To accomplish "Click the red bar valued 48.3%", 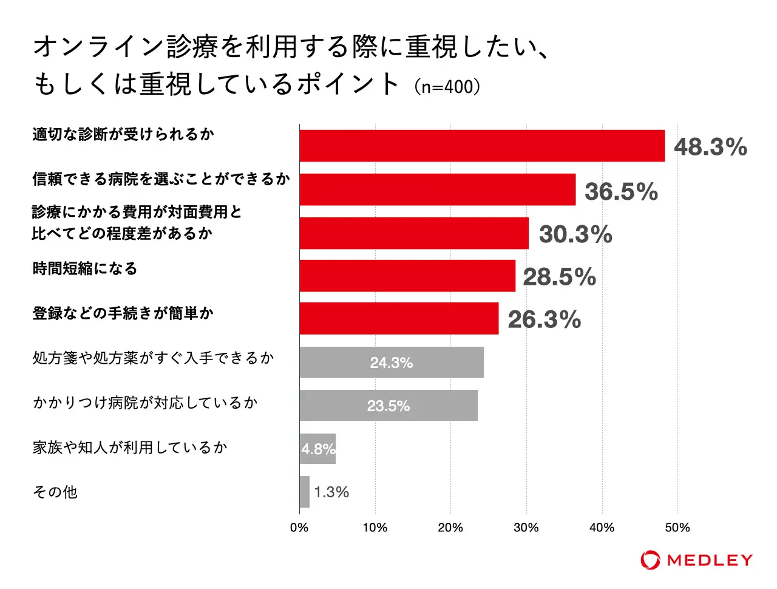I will [482, 146].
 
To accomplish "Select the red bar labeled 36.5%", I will [437, 189].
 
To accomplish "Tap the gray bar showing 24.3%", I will [392, 363].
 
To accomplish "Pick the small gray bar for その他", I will [304, 492].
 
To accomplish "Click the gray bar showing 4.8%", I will [317, 449].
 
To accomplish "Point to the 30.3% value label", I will [575, 234].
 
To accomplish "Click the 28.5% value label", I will [559, 277].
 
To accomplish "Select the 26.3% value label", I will [544, 320].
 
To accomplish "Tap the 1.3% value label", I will [331, 492].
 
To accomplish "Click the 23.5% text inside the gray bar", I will [388, 406].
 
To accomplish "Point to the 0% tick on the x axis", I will [299, 528].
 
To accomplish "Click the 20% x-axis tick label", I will [450, 528].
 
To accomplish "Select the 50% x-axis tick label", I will [677, 528].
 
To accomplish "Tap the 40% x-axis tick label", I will [602, 528].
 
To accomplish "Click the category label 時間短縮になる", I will [85, 268].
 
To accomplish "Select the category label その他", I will [55, 492].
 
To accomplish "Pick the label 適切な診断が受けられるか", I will [123, 134].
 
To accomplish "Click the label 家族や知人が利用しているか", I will [130, 448].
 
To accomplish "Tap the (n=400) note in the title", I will [447, 86].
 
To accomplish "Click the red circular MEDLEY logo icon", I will [650, 560].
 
